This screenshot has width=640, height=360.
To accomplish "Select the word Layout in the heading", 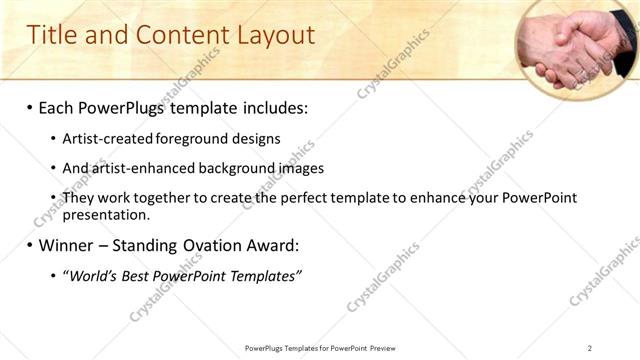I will click(274, 36).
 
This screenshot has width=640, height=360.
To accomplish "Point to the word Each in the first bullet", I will click(59, 107).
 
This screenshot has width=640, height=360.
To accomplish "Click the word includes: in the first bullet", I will click(271, 107).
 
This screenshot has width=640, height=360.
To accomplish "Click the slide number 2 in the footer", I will click(589, 348).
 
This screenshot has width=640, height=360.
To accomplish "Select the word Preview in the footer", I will click(384, 348).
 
